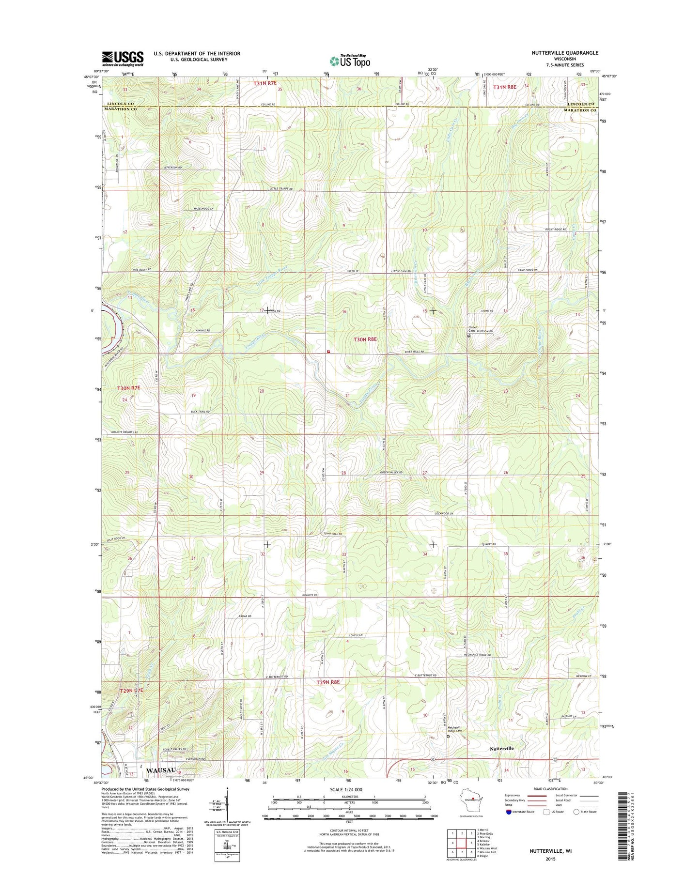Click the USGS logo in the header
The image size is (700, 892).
click(x=123, y=58)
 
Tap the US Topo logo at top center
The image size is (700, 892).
click(x=350, y=61)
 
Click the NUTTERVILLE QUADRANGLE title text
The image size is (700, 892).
click(x=565, y=53)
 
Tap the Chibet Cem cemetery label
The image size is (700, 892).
click(x=472, y=329)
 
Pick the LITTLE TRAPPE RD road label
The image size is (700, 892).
click(x=281, y=189)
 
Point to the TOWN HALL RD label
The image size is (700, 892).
click(x=333, y=534)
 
